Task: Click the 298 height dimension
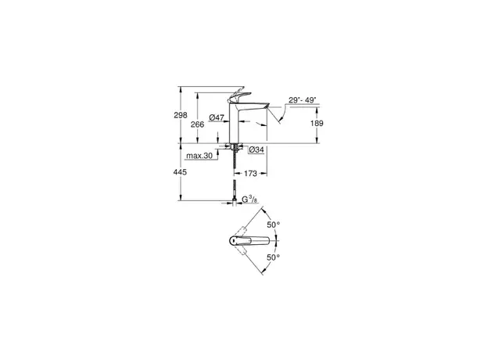pyautogui.click(x=181, y=115)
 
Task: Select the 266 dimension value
pyautogui.click(x=198, y=124)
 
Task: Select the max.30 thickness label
pyautogui.click(x=199, y=156)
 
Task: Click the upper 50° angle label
pyautogui.click(x=274, y=225)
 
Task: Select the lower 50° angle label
pyautogui.click(x=274, y=257)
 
